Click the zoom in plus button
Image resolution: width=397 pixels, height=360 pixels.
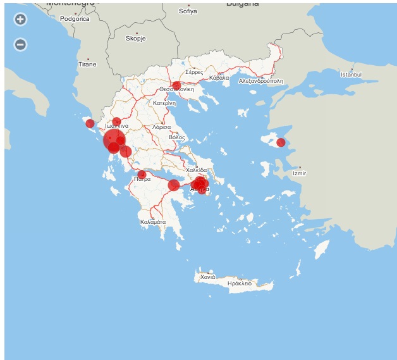[20, 19]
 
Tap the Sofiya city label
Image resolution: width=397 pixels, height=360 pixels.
[188, 11]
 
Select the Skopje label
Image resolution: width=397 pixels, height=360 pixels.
[135, 38]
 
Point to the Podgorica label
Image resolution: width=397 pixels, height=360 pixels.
[75, 19]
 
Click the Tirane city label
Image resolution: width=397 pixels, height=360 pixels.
[87, 65]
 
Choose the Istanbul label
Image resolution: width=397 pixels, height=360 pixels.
[351, 75]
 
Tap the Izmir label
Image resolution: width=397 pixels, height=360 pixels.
[299, 173]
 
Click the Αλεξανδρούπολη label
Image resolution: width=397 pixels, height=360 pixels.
[261, 82]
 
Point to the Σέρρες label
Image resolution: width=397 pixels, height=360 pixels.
[194, 72]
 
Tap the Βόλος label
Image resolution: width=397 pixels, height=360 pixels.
[177, 137]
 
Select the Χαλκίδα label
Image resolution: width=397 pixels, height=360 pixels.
[197, 170]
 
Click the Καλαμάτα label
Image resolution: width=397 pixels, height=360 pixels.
[153, 222]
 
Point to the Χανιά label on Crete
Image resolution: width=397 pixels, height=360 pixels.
[208, 277]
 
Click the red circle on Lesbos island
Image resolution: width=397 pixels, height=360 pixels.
[281, 142]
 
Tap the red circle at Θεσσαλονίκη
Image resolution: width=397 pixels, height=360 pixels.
[176, 85]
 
